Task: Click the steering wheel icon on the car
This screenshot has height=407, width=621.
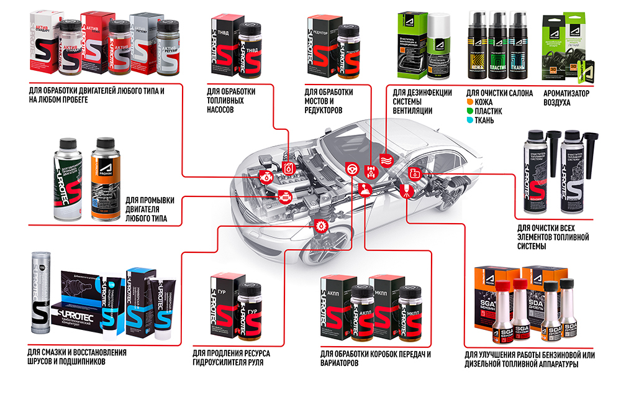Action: (351, 167)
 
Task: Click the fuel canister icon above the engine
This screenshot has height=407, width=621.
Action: (288, 168)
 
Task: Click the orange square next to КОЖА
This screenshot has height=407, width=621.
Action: (470, 101)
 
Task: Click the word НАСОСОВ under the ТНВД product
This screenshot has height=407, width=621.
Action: (220, 110)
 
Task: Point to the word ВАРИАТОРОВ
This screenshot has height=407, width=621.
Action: (339, 364)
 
